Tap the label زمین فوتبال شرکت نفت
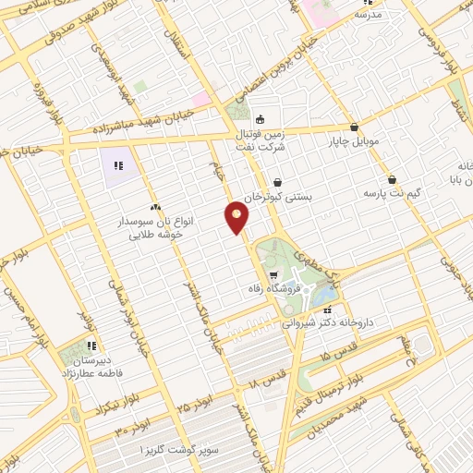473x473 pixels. [261, 138]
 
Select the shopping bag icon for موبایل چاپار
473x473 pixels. [354, 127]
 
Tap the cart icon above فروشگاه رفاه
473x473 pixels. [273, 276]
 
